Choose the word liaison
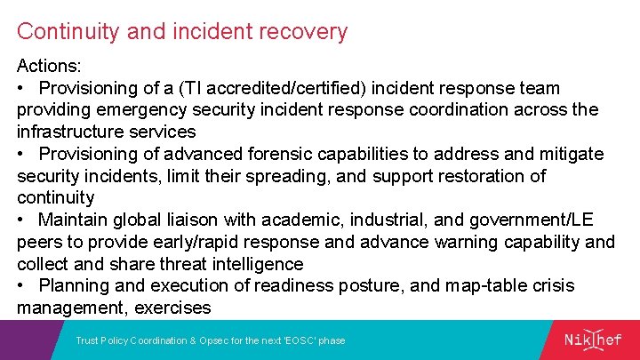(x=206, y=220)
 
